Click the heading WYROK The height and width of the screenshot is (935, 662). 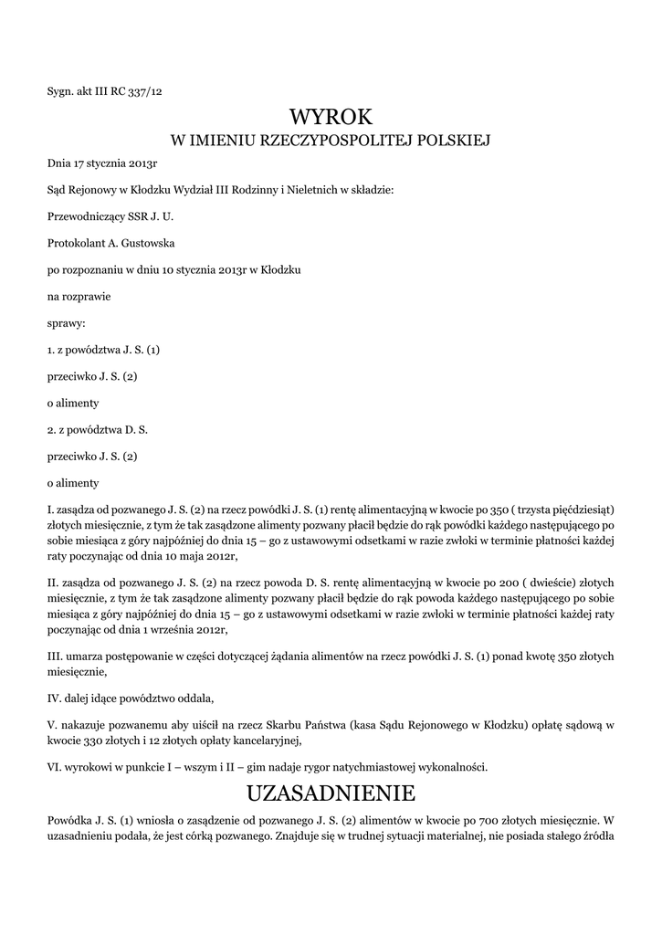click(x=331, y=117)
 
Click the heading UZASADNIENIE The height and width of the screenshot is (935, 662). click(x=331, y=791)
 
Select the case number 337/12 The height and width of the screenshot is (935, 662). click(x=146, y=90)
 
